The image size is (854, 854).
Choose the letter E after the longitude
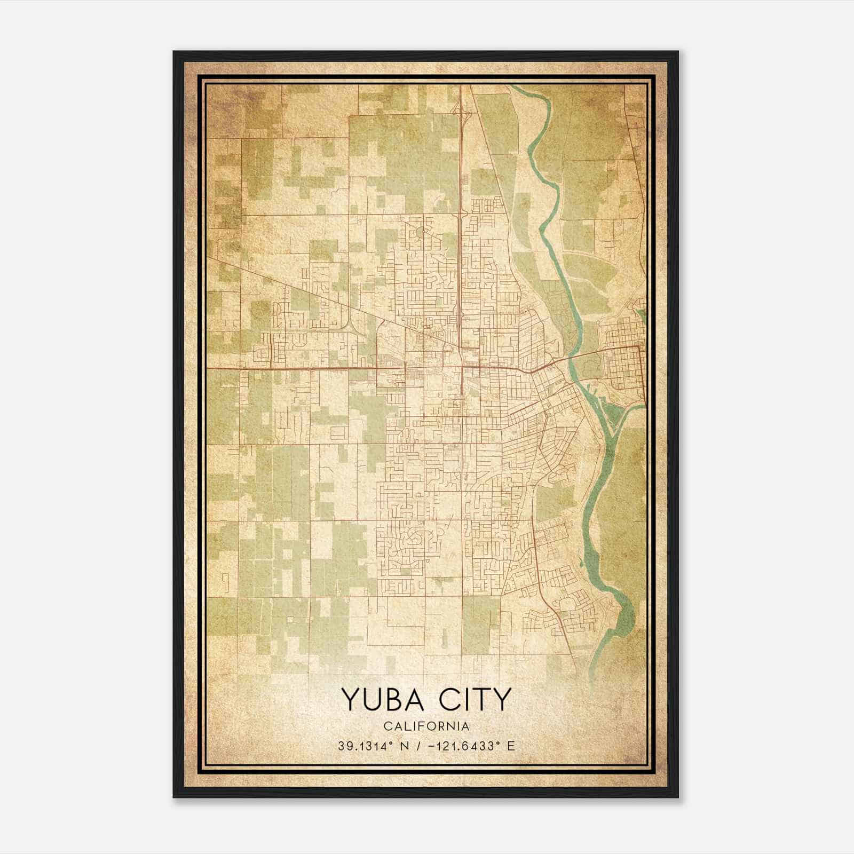(511, 746)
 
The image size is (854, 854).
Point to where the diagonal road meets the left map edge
(208, 257)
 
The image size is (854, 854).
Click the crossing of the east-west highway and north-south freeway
(461, 368)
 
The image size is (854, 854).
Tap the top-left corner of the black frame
(175, 52)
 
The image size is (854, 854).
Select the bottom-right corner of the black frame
(677, 796)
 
